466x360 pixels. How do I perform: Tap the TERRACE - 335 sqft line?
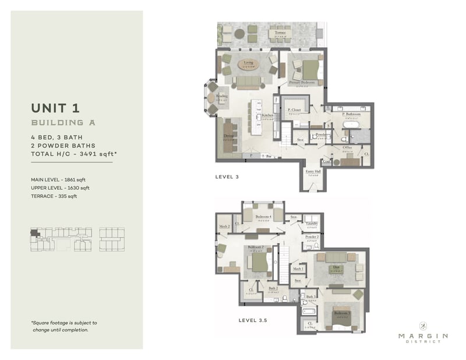[x=54, y=196]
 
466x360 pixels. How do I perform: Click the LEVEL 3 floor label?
[x=227, y=176]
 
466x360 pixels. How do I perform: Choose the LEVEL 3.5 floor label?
[x=253, y=320]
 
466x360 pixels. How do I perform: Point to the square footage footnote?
[x=64, y=326]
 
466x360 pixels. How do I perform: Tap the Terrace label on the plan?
[x=280, y=33]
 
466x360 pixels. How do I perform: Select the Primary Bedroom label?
[x=302, y=83]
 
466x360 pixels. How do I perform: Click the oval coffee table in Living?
[x=248, y=63]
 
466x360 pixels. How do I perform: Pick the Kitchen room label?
[x=267, y=115]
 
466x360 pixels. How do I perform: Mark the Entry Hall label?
[x=313, y=171]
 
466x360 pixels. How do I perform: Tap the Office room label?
[x=347, y=147]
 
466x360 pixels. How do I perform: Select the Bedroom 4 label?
[x=264, y=217]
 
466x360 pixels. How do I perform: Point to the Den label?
[x=336, y=267]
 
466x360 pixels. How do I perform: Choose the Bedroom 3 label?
[x=341, y=313]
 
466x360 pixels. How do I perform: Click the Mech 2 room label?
[x=224, y=225]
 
